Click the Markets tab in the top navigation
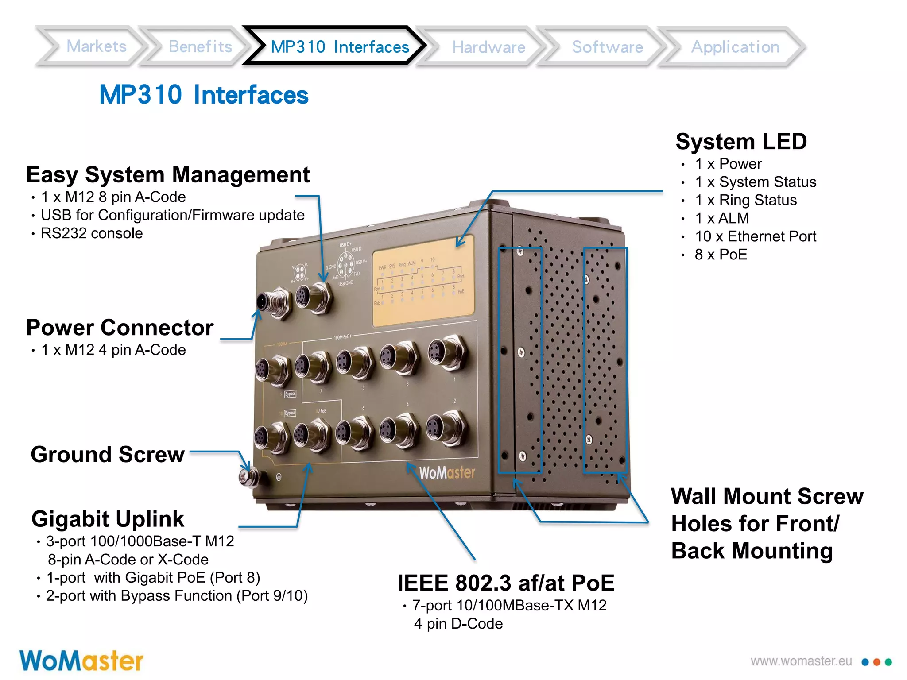[x=96, y=46]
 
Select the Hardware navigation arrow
[x=488, y=47]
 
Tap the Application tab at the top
[x=735, y=47]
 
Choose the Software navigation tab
[x=607, y=47]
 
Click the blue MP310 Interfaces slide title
[x=204, y=95]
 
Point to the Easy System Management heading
[x=168, y=175]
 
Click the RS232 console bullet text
[x=92, y=233]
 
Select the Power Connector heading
[x=120, y=328]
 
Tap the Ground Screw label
[x=108, y=455]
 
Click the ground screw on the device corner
[x=246, y=476]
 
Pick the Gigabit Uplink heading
[x=108, y=519]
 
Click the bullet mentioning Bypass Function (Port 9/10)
[x=177, y=596]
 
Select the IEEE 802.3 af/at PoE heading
[x=506, y=583]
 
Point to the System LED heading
[x=741, y=142]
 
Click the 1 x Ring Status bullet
[x=745, y=200]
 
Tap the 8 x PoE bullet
[x=721, y=255]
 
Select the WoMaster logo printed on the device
[x=447, y=473]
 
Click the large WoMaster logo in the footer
[x=81, y=661]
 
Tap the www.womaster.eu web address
[x=801, y=661]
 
